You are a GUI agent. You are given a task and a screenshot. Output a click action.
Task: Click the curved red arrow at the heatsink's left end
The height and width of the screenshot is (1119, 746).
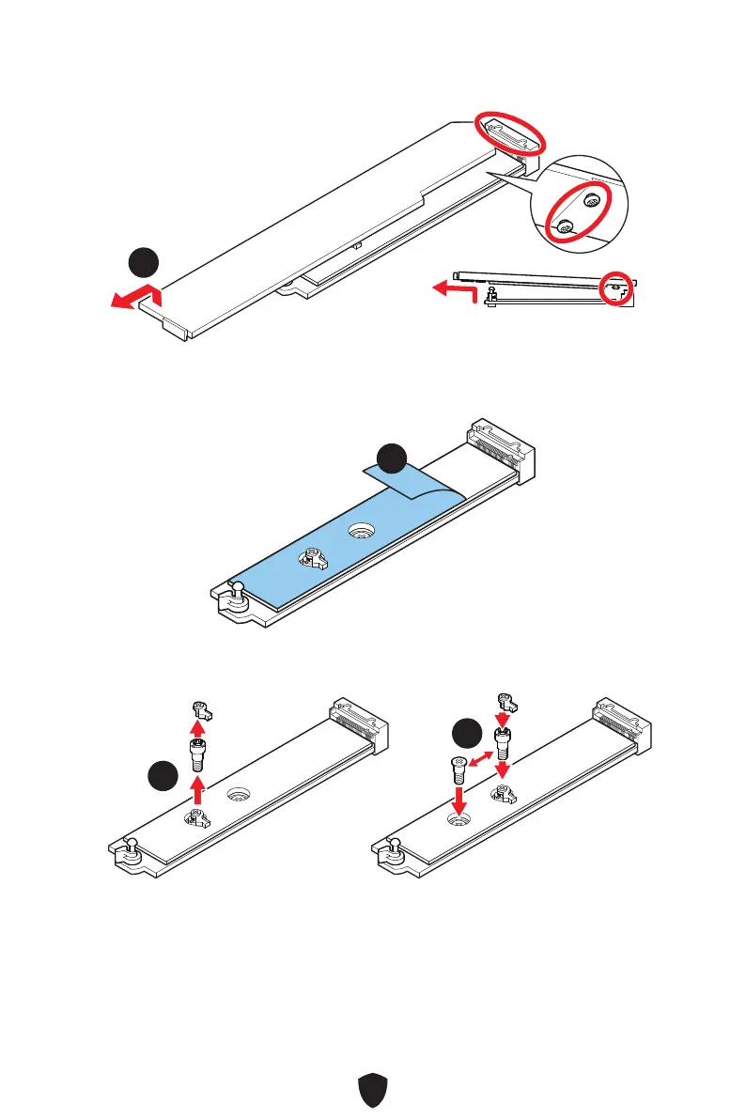[x=136, y=299]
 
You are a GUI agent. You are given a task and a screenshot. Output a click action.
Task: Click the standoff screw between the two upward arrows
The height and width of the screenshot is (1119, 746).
[x=197, y=753]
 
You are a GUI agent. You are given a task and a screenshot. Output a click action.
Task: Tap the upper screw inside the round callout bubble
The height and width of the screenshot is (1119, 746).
[x=591, y=200]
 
